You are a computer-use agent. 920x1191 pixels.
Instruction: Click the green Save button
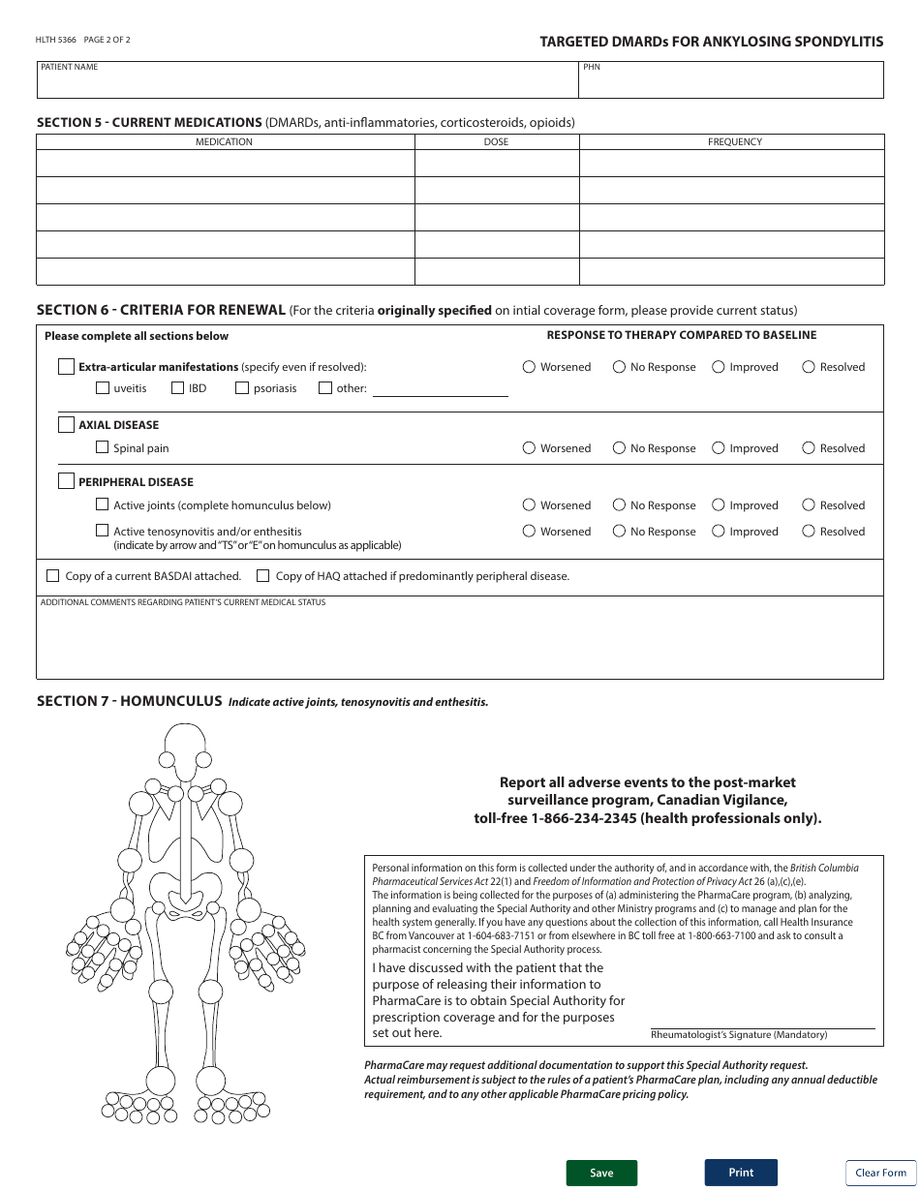pos(601,1173)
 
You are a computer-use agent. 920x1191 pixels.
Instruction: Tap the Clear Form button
pos(880,1173)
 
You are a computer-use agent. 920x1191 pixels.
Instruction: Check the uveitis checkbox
pos(103,388)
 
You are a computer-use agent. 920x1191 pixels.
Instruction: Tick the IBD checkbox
pos(178,388)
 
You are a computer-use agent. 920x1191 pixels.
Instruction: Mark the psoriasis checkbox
pos(242,388)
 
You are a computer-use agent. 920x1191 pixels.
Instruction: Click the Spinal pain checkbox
pos(103,448)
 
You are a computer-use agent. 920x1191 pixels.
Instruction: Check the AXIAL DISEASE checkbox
pos(66,425)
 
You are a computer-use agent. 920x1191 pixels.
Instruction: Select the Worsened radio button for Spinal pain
pos(529,448)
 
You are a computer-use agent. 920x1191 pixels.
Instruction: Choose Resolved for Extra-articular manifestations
pos(809,367)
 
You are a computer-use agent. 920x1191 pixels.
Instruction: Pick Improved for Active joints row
pos(719,504)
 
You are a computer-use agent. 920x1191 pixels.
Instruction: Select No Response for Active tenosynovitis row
pos(619,531)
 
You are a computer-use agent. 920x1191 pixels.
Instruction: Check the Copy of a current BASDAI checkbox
pos(53,576)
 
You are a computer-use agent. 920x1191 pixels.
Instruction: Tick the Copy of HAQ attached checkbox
pos(263,576)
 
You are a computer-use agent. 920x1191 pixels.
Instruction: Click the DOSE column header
pos(496,141)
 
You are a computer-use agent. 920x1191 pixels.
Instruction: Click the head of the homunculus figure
pos(183,746)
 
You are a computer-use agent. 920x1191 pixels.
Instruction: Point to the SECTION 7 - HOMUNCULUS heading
pos(129,701)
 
